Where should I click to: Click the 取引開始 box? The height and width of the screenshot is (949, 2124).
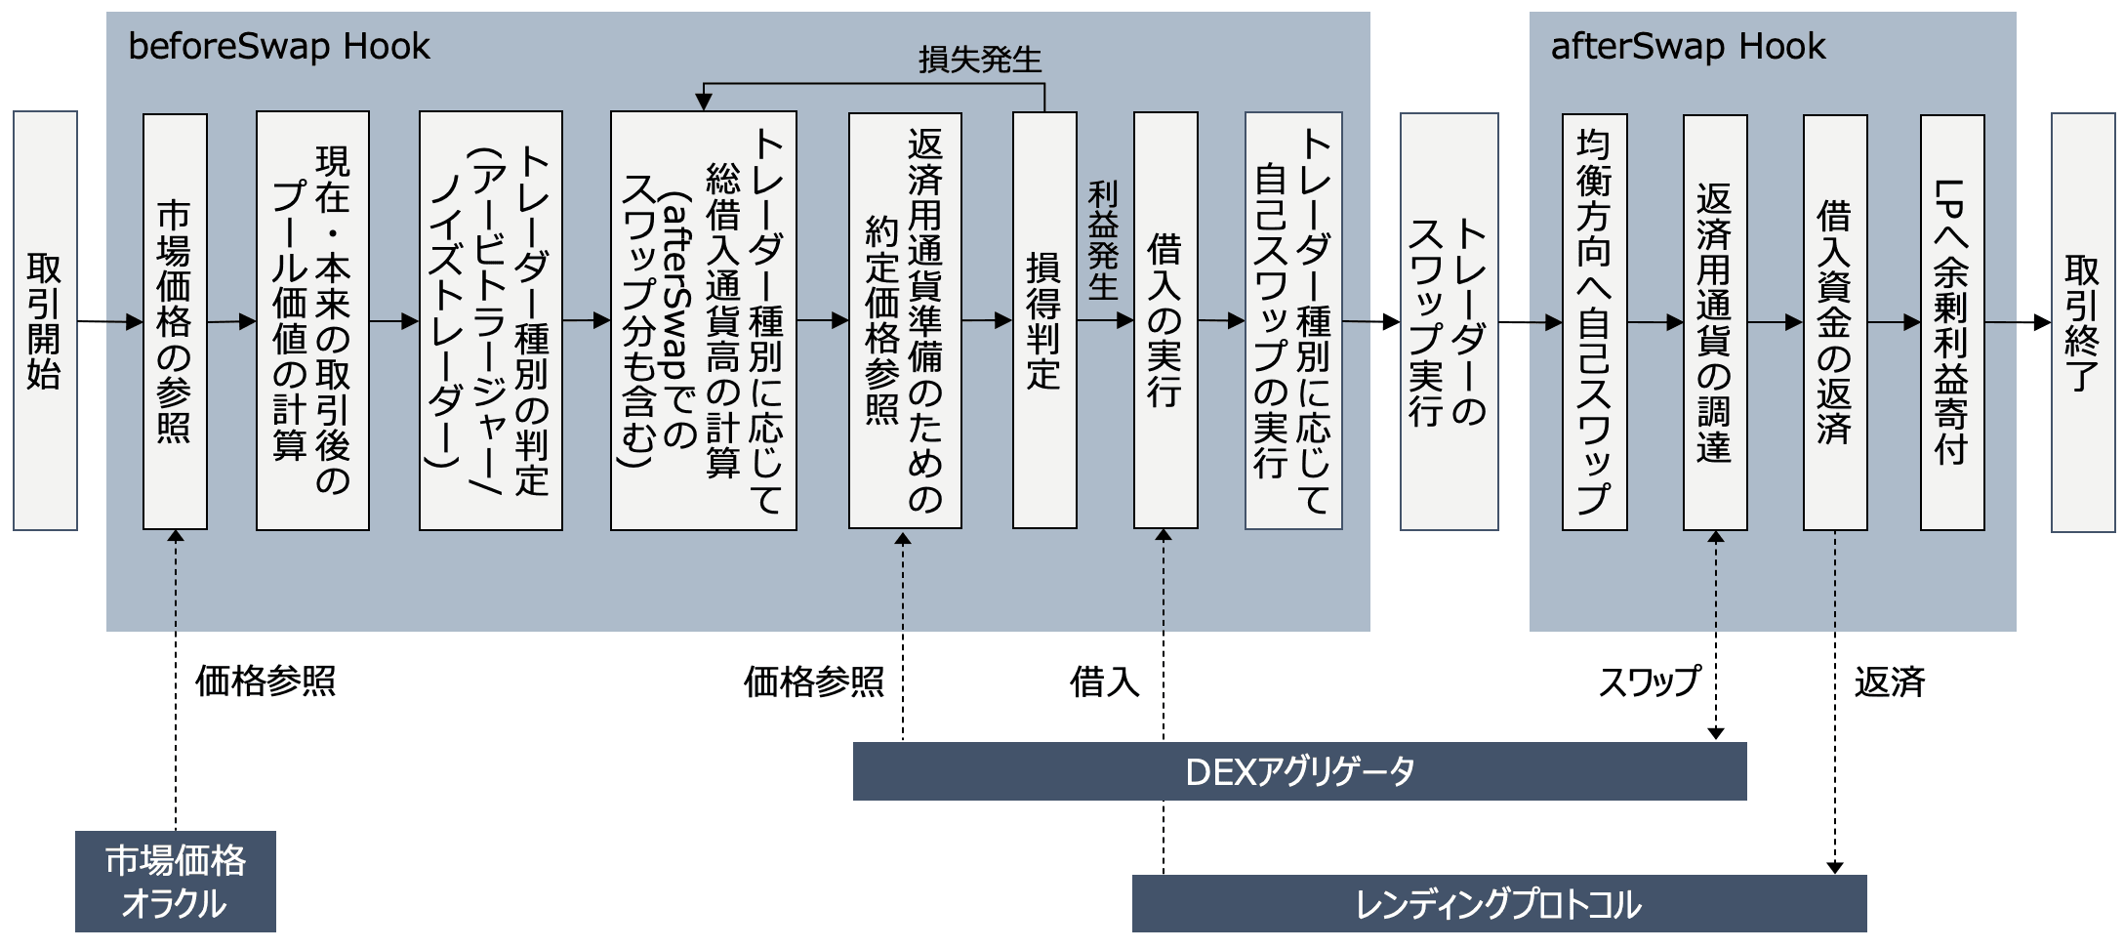(45, 320)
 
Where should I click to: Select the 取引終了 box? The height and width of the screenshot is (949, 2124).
(2082, 322)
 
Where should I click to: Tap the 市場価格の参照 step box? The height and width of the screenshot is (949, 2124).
(175, 321)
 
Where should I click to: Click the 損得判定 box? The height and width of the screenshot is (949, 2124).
(1044, 320)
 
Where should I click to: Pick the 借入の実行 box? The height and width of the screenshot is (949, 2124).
(1165, 320)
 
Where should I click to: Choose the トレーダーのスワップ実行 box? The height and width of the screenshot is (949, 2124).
(1449, 321)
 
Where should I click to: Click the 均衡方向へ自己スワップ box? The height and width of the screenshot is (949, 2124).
(1594, 322)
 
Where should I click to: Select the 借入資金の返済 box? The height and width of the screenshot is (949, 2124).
(1835, 322)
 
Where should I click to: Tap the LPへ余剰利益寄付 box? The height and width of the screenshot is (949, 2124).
(1952, 322)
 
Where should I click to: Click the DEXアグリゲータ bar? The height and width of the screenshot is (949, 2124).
(1299, 771)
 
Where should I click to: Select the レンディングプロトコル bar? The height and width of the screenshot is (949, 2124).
(1498, 904)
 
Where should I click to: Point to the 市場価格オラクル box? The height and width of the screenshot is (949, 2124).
(176, 882)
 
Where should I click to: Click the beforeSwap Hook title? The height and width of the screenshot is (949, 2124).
(279, 47)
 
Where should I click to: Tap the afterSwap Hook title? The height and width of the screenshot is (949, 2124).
(1688, 47)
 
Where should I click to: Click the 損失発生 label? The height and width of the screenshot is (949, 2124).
(980, 61)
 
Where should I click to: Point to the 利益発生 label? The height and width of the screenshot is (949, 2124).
(1104, 240)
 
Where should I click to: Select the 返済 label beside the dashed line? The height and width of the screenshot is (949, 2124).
(1890, 681)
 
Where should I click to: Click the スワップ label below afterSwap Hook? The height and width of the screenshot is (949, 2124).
(1650, 681)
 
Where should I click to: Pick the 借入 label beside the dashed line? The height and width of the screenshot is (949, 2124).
(1104, 681)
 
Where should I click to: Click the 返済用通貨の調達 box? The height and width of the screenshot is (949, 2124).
(1715, 322)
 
